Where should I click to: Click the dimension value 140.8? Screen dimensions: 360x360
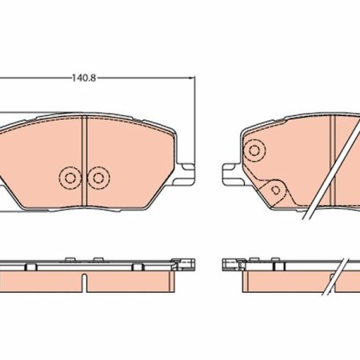[84, 78]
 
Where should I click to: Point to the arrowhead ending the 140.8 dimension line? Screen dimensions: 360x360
[192, 78]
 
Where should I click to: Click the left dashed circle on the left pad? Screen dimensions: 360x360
[70, 178]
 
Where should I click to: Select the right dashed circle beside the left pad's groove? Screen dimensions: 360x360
[98, 178]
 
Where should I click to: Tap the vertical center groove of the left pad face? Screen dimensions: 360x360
[84, 161]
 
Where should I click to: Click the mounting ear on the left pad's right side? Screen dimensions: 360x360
[185, 174]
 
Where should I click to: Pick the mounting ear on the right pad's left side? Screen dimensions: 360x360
[232, 174]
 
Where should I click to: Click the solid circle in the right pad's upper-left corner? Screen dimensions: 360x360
[254, 150]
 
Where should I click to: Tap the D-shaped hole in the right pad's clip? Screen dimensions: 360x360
[276, 190]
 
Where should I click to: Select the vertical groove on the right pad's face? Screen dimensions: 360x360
[333, 160]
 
